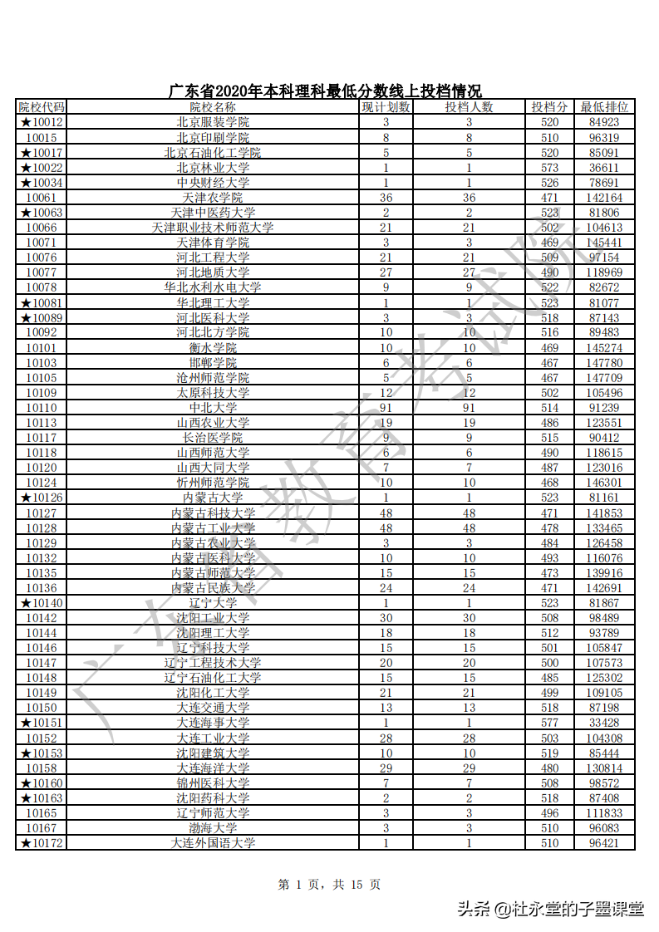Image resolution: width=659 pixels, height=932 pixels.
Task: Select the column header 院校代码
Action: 42,107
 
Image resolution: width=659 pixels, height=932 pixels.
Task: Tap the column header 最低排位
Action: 604,107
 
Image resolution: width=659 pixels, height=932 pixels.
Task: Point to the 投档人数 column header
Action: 469,107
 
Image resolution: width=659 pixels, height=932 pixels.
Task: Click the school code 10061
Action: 42,198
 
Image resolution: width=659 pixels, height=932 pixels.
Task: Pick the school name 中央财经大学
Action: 213,183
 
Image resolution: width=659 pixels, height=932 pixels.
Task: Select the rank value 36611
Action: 604,168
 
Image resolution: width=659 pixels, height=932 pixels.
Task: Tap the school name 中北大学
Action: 213,408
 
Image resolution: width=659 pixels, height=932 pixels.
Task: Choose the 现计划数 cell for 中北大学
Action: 386,408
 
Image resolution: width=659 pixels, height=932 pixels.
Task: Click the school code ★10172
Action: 42,843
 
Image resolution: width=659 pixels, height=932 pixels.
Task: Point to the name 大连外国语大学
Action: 213,843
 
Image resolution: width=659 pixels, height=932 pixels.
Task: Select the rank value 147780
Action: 604,363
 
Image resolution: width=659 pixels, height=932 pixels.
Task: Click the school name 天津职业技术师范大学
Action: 213,228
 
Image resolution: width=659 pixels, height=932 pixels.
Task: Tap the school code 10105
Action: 42,378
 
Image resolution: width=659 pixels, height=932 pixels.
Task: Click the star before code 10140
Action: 26,603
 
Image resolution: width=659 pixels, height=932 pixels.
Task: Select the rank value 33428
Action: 604,723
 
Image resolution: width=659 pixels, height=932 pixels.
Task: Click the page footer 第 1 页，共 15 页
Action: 329,885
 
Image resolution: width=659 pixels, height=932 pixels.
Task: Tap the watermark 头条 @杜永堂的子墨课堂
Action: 550,909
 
